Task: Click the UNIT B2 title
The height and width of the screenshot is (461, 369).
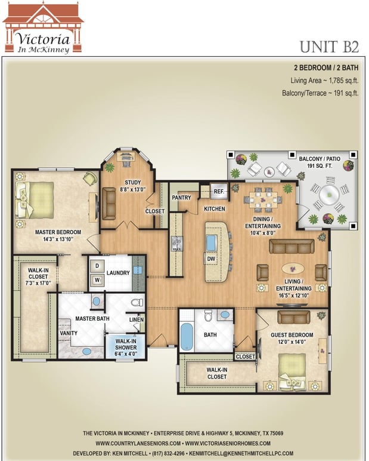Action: tap(329, 47)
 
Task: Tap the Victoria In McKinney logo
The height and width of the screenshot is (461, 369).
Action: tap(43, 27)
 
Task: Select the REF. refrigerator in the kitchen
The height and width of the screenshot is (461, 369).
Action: tap(219, 192)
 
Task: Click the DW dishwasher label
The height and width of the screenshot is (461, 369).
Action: tap(211, 259)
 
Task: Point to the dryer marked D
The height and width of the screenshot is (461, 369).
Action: tap(97, 266)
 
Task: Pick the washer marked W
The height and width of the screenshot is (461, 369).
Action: tap(97, 280)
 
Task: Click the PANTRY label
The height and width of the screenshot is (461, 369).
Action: tap(181, 198)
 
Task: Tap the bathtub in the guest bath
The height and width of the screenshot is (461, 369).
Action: tap(187, 337)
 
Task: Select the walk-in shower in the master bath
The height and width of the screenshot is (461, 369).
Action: tap(125, 346)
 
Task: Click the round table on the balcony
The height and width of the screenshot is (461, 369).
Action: tap(329, 194)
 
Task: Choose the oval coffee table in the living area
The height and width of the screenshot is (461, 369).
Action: tap(293, 268)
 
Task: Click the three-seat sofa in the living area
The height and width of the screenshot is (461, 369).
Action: tap(292, 247)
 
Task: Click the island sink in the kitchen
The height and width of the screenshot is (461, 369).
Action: tap(212, 243)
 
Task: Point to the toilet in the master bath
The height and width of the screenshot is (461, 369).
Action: tap(137, 302)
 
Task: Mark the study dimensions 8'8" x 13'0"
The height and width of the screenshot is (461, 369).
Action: tap(133, 190)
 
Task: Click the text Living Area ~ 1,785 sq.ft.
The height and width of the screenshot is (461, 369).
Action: tap(324, 81)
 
